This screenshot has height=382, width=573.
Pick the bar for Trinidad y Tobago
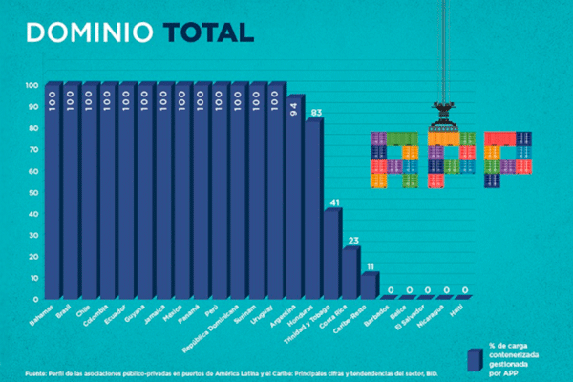[332, 254]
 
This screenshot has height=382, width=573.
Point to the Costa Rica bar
[350, 273]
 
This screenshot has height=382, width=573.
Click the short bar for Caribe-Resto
[369, 286]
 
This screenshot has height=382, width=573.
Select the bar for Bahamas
[53, 191]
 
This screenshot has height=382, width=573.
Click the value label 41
[333, 202]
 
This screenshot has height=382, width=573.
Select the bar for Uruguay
[276, 191]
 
